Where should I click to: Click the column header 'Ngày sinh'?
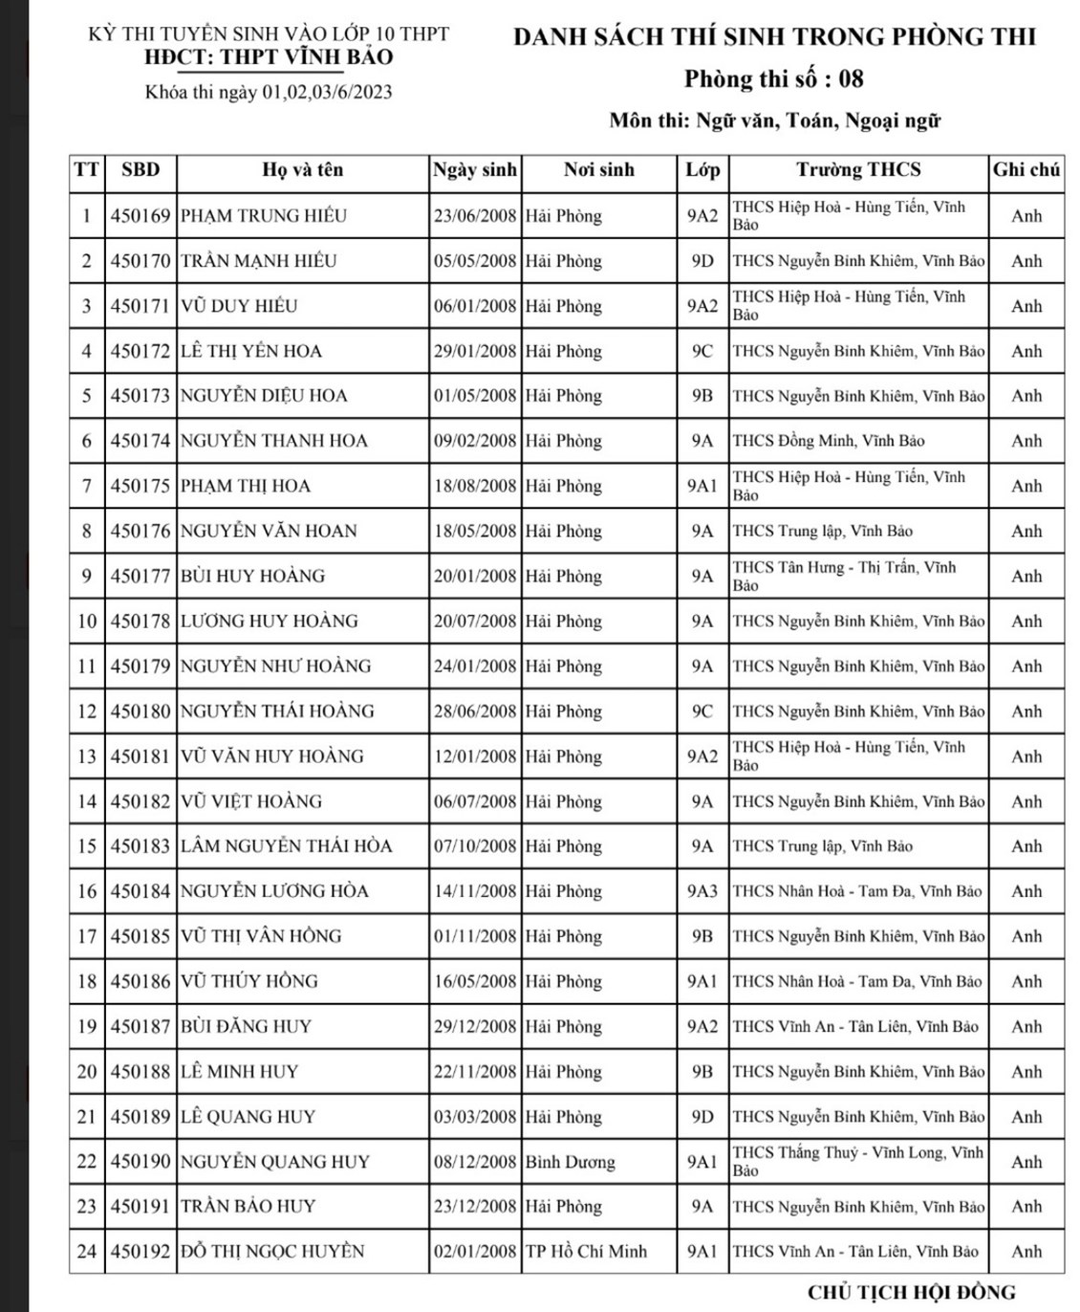(475, 170)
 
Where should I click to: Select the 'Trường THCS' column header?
(858, 170)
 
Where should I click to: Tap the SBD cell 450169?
(140, 216)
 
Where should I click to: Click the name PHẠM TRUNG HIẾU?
(264, 216)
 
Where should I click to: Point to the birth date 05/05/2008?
(475, 261)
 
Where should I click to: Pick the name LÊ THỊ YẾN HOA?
(251, 351)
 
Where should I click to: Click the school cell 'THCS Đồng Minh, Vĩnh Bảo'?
(828, 441)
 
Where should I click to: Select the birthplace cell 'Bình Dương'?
(570, 1162)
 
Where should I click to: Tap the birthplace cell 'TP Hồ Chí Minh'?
(586, 1252)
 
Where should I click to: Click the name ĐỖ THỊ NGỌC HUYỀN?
(272, 1252)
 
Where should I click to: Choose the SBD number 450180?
(140, 711)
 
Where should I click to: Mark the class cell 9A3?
(702, 891)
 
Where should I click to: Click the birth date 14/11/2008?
(475, 891)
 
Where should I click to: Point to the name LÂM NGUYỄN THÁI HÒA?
(287, 846)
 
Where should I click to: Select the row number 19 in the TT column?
(87, 1027)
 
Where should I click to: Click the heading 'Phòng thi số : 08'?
(774, 78)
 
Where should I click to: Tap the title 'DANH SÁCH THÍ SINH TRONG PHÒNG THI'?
(774, 37)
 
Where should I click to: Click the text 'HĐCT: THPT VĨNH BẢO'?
(269, 57)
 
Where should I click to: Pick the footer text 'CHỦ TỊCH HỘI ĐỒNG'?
(911, 1293)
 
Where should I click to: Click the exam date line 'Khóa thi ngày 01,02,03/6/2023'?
(269, 93)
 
